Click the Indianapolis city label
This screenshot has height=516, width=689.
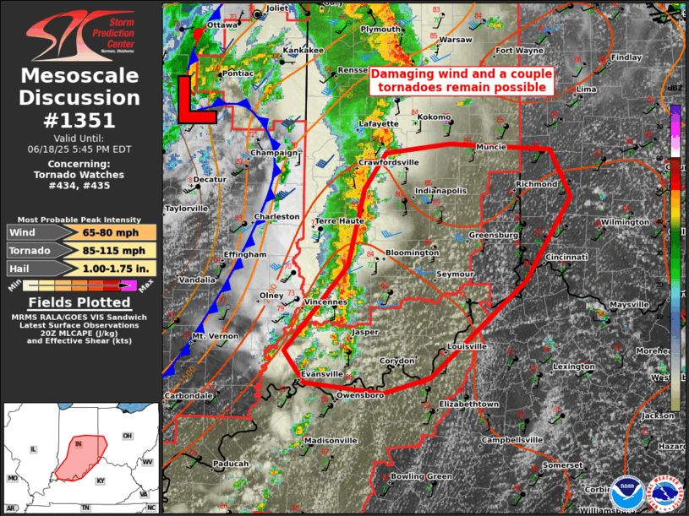(441, 191)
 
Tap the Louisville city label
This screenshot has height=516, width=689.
(468, 346)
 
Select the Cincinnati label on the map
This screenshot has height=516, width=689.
(566, 257)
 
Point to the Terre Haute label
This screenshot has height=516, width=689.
(339, 220)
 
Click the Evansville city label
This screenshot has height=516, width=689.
(322, 373)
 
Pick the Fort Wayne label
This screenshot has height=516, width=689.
(519, 51)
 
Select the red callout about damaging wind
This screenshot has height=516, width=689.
(461, 80)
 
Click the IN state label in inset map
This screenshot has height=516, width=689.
(79, 443)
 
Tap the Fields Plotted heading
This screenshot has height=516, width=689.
(79, 302)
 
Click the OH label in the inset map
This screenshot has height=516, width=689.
(127, 436)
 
